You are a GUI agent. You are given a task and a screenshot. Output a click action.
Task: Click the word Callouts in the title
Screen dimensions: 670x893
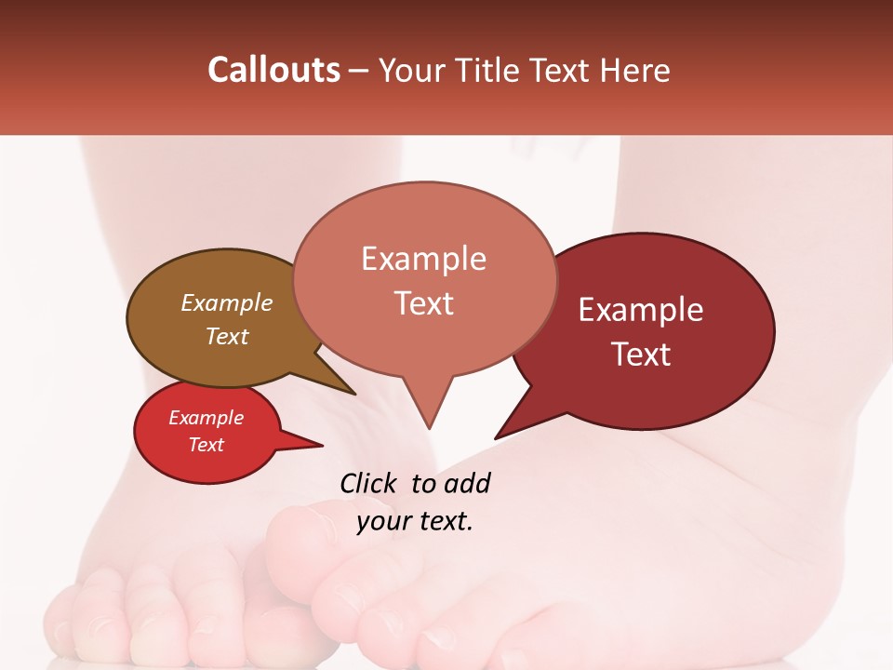point(273,70)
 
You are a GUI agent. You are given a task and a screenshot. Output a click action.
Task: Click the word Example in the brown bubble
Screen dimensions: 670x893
point(226,303)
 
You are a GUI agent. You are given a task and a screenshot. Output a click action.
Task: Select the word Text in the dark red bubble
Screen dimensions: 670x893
point(641,354)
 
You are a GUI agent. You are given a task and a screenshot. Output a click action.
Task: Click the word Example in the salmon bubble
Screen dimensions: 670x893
point(423,259)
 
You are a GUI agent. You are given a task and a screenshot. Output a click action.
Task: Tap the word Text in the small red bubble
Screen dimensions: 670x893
point(207,445)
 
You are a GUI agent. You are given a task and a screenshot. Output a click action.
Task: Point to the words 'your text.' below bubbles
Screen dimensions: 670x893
point(415,521)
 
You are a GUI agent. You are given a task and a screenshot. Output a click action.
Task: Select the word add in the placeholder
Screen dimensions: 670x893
point(467,483)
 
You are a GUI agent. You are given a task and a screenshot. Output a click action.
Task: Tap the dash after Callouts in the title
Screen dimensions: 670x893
point(359,71)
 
